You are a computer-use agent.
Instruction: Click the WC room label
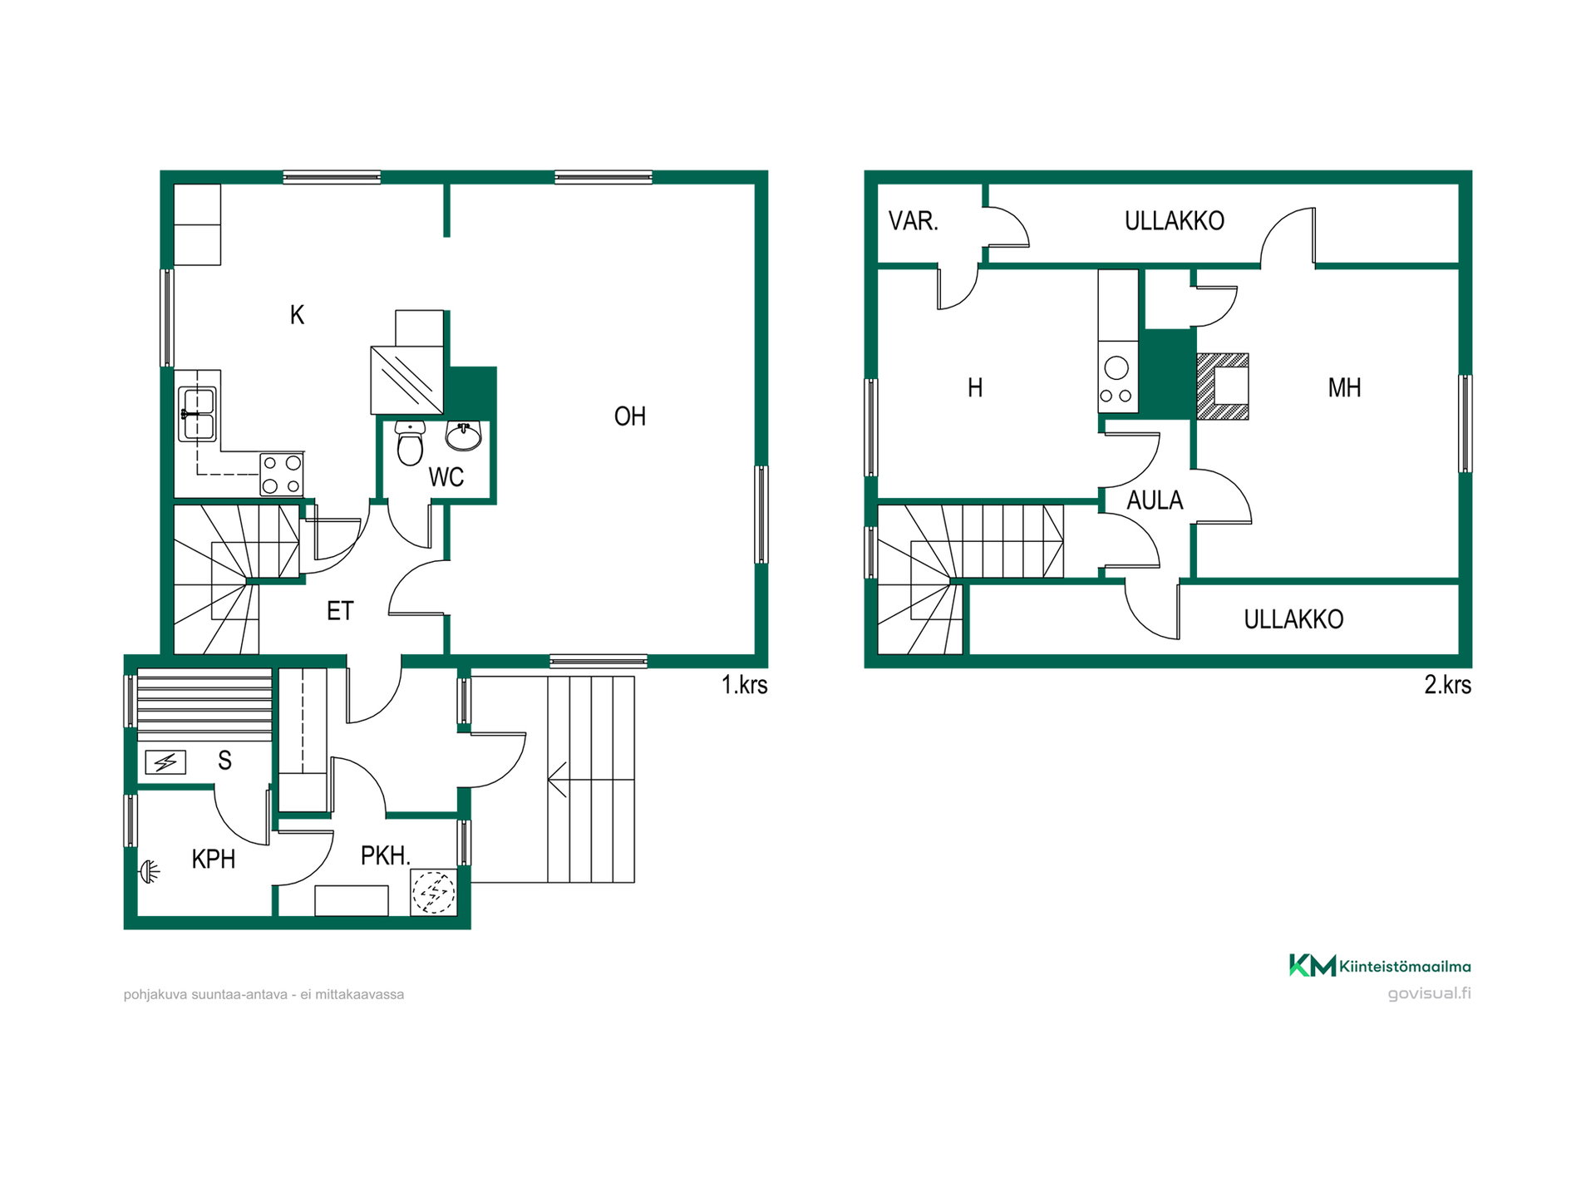pos(446,477)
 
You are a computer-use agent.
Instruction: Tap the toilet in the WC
pos(410,442)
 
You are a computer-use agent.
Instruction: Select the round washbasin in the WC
pos(464,436)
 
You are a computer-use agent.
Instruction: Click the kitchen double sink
pos(198,414)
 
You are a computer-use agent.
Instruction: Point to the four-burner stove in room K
pos(282,475)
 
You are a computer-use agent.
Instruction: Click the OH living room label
pos(630,416)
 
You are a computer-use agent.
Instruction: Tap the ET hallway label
pos(340,611)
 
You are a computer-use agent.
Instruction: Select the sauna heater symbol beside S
pos(165,761)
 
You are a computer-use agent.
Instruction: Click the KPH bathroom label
pos(214,859)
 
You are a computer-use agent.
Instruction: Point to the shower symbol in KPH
pos(149,871)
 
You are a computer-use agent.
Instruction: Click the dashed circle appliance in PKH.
pos(434,893)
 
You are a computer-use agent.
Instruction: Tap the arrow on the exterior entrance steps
pos(557,780)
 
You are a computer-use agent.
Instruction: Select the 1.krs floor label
pos(745,685)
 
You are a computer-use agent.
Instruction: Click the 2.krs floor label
pos(1448,685)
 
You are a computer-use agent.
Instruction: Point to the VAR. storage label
pos(914,221)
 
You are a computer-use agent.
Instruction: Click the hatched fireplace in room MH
pos(1223,387)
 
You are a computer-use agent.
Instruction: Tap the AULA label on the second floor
pos(1155,500)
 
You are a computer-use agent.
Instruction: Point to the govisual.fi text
pos(1430,993)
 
